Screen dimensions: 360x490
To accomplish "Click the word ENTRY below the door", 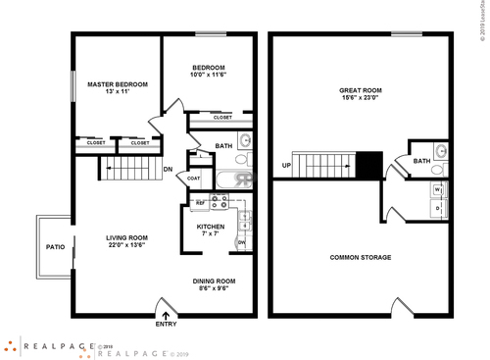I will tap(167, 325).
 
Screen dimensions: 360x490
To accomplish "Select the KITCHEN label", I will tap(211, 227).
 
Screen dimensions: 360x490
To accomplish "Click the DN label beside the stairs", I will tap(168, 170).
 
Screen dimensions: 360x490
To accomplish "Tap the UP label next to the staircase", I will tap(285, 165).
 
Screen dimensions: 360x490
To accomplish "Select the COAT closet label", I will tap(194, 179).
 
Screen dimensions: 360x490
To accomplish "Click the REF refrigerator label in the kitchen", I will tap(200, 203).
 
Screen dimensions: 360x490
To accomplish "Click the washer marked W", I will tap(437, 189).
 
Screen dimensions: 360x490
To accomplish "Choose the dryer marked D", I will tap(437, 209).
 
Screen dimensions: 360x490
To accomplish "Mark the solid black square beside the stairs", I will tap(368, 165).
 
